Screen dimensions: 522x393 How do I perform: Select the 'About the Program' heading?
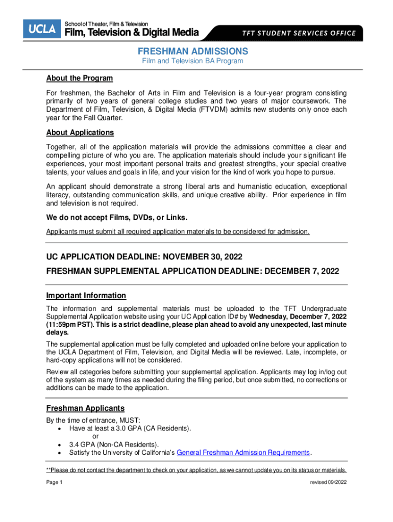pyautogui.click(x=79, y=78)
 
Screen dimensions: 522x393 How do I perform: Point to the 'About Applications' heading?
pyautogui.click(x=80, y=133)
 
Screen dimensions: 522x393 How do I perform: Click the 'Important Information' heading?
pyautogui.click(x=86, y=296)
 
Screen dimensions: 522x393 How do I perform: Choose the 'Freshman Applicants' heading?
pyautogui.click(x=85, y=408)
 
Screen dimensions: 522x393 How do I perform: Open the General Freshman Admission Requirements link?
pyautogui.click(x=243, y=453)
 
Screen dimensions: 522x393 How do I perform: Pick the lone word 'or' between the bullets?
pyautogui.click(x=95, y=436)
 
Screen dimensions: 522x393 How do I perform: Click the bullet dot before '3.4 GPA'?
pyautogui.click(x=60, y=445)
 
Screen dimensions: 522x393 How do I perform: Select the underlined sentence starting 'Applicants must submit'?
pyautogui.click(x=178, y=232)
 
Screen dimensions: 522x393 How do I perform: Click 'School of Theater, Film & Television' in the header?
pyautogui.click(x=106, y=24)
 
